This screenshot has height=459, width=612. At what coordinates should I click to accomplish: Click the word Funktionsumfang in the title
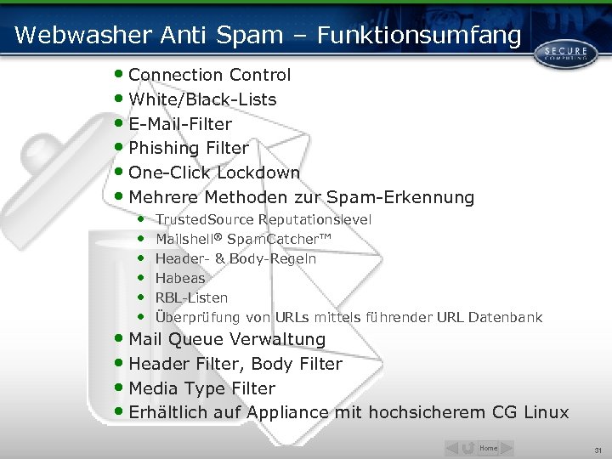418,35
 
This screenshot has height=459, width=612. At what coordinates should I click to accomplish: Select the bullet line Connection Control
209,75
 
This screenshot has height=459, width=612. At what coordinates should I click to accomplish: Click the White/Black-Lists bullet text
202,99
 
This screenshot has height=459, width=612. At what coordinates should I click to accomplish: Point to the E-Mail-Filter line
180,124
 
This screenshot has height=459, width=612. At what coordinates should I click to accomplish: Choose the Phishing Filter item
189,149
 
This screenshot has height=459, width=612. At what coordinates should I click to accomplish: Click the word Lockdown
258,173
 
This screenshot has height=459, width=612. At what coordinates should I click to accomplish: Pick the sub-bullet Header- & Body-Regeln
235,258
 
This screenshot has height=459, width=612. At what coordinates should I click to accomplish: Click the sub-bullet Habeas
180,278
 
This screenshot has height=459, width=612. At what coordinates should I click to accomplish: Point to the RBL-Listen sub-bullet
191,297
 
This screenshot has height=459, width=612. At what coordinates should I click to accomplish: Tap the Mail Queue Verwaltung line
227,339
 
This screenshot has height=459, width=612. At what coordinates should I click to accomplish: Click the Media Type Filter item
201,388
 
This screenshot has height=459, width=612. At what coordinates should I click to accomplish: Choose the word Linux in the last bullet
547,412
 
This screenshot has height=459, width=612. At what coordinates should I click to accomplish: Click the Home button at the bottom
489,448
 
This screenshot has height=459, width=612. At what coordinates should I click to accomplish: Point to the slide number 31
598,450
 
